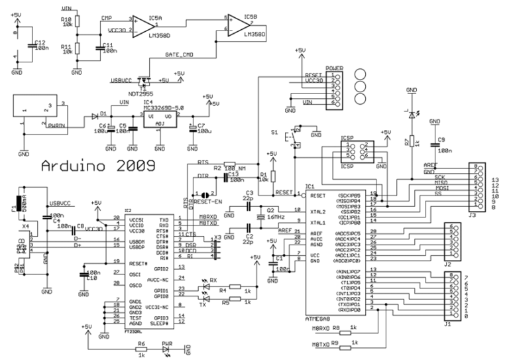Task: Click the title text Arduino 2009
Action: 98,163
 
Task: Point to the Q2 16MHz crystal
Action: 262,216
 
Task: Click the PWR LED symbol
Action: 166,346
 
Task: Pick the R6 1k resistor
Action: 141,346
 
